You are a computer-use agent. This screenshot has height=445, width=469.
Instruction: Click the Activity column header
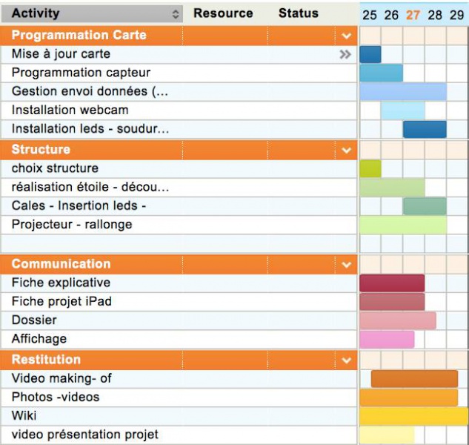tap(36, 13)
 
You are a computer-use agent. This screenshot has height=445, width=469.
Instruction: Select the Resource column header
tap(222, 13)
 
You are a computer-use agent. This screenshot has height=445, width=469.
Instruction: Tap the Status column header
tap(298, 13)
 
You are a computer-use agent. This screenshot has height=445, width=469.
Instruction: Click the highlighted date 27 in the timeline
tap(413, 15)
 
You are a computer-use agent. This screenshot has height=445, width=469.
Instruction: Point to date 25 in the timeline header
tap(370, 15)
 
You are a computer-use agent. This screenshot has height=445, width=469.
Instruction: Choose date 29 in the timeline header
tap(457, 15)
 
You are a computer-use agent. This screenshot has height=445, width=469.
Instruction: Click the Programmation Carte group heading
tap(79, 35)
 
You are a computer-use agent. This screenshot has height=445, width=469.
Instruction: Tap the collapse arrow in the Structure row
tap(346, 151)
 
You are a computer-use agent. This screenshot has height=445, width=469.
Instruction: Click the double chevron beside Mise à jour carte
tap(345, 54)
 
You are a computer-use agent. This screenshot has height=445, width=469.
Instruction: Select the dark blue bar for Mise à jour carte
tap(370, 54)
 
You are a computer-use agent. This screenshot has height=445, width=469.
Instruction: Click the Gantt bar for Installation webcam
tap(402, 111)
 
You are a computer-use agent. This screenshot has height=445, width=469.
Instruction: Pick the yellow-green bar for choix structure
tap(370, 168)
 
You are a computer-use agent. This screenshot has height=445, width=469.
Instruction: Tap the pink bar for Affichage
tap(387, 339)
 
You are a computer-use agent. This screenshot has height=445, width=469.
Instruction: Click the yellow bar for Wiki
tap(413, 416)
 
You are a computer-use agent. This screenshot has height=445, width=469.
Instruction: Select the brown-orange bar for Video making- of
tap(414, 378)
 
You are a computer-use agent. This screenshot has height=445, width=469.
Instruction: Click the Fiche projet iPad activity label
tap(61, 302)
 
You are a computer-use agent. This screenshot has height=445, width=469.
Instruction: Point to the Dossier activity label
tap(34, 320)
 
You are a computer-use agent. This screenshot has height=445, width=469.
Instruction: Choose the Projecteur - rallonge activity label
tap(72, 225)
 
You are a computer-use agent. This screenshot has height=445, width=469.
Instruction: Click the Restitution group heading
tap(47, 360)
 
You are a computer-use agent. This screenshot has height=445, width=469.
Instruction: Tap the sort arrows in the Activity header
tap(176, 14)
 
